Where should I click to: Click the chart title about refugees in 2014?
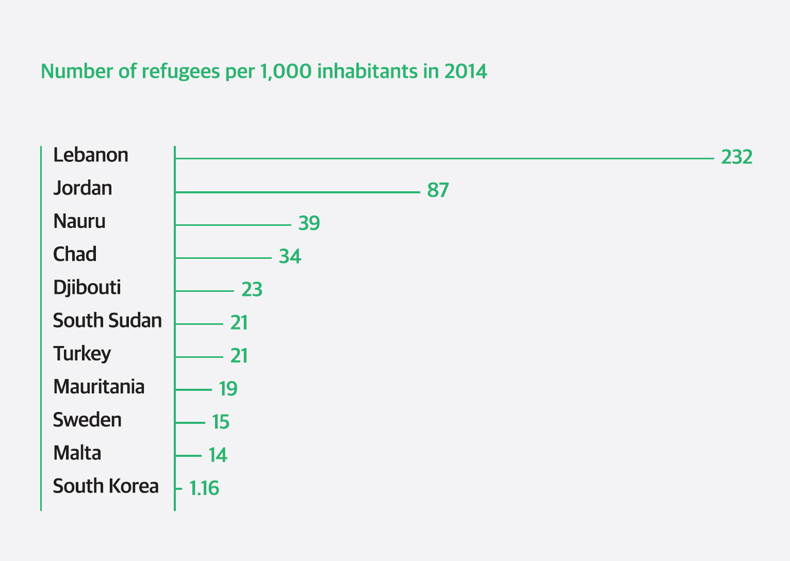pyautogui.click(x=264, y=71)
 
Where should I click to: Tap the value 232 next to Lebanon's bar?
pyautogui.click(x=736, y=157)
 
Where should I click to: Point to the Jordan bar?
pyautogui.click(x=298, y=192)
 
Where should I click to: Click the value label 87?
pyautogui.click(x=438, y=190)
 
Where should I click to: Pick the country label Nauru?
pyautogui.click(x=79, y=221)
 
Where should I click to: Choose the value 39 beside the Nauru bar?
pyautogui.click(x=309, y=223)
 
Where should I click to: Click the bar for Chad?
pyautogui.click(x=223, y=258)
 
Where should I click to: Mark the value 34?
pyautogui.click(x=290, y=256)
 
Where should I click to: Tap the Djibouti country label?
pyautogui.click(x=87, y=287)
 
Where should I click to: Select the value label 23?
pyautogui.click(x=252, y=289)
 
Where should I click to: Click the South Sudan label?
pyautogui.click(x=107, y=321)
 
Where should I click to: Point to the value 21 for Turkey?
pyautogui.click(x=239, y=356)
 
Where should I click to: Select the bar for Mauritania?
pyautogui.click(x=193, y=390)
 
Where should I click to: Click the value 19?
pyautogui.click(x=227, y=389)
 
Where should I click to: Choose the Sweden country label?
pyautogui.click(x=87, y=420)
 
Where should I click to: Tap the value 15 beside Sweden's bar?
pyautogui.click(x=220, y=422)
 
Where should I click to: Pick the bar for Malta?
pyautogui.click(x=188, y=456)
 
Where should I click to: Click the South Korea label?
pyautogui.click(x=106, y=486)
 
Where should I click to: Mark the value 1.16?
pyautogui.click(x=204, y=488)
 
